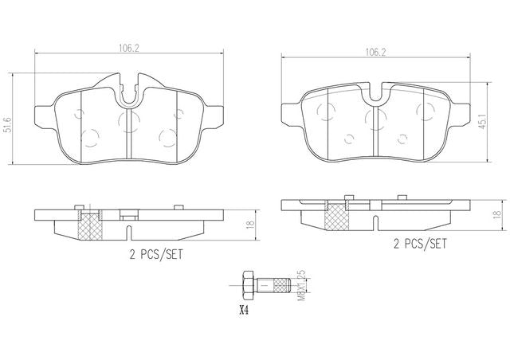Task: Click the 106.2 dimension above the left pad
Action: pos(129,49)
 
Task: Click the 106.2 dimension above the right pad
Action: pos(375,53)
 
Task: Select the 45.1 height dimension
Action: pos(483,122)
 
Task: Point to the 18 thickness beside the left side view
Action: pos(249,225)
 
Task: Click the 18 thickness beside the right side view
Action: pos(496,214)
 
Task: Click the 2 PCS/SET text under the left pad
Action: pos(156,254)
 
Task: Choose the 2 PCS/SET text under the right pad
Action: pos(420,244)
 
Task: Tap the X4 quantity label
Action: pos(244,311)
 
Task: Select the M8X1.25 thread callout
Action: pos(302,285)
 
